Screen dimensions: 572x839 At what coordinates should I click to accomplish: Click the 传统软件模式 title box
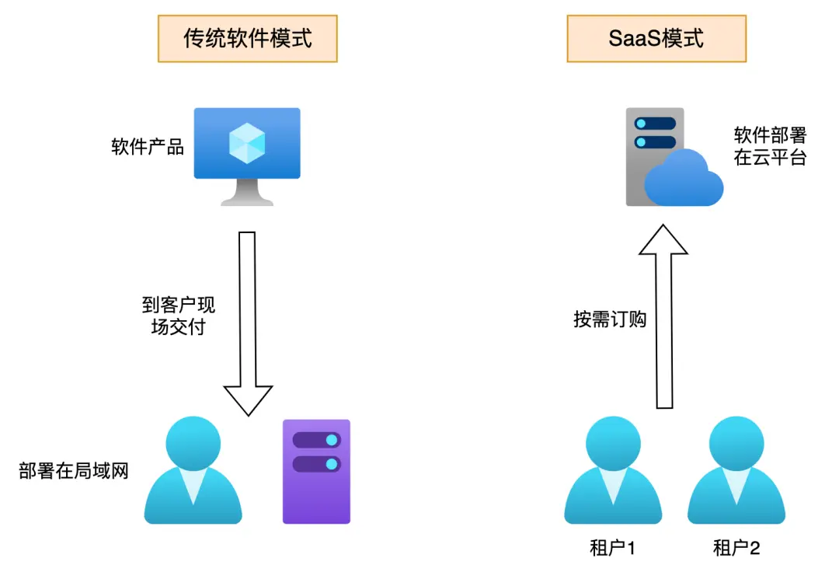point(248,38)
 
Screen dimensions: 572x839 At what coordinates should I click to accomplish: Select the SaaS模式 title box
point(656,38)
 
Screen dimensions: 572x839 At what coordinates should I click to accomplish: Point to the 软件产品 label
point(148,147)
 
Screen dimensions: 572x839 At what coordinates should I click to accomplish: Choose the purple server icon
point(316,471)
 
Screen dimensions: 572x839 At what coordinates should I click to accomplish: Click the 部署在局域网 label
point(73,471)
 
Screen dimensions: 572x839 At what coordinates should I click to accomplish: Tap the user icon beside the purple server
point(193,471)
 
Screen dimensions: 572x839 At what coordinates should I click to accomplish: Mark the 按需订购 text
point(610,319)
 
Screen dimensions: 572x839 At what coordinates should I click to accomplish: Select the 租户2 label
point(736,549)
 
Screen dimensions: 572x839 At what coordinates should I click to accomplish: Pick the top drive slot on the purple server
point(316,440)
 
